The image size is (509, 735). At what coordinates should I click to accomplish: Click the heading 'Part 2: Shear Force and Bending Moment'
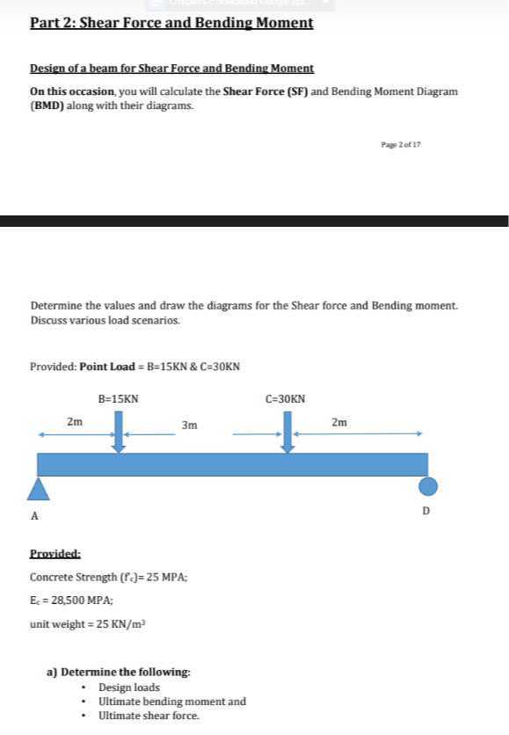click(x=171, y=23)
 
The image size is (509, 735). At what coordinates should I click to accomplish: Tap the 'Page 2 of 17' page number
click(x=401, y=143)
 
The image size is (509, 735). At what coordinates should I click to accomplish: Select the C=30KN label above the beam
click(x=286, y=399)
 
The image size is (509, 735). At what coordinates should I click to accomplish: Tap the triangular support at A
click(x=37, y=489)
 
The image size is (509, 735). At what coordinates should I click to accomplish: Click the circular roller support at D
click(x=427, y=486)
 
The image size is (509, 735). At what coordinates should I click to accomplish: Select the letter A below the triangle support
click(x=35, y=516)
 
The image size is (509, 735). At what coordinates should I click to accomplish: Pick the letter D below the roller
click(x=426, y=510)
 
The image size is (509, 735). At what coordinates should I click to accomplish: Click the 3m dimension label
click(x=188, y=426)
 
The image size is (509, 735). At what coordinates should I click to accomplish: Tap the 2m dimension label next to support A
click(x=75, y=422)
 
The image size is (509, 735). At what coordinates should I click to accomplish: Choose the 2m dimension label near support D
click(x=339, y=422)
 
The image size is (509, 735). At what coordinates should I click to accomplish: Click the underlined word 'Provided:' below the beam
click(x=55, y=554)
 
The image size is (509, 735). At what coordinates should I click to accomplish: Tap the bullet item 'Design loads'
click(x=129, y=688)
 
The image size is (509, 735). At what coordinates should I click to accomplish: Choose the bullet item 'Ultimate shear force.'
click(x=149, y=716)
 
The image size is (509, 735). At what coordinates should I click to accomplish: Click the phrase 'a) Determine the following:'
click(x=119, y=672)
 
